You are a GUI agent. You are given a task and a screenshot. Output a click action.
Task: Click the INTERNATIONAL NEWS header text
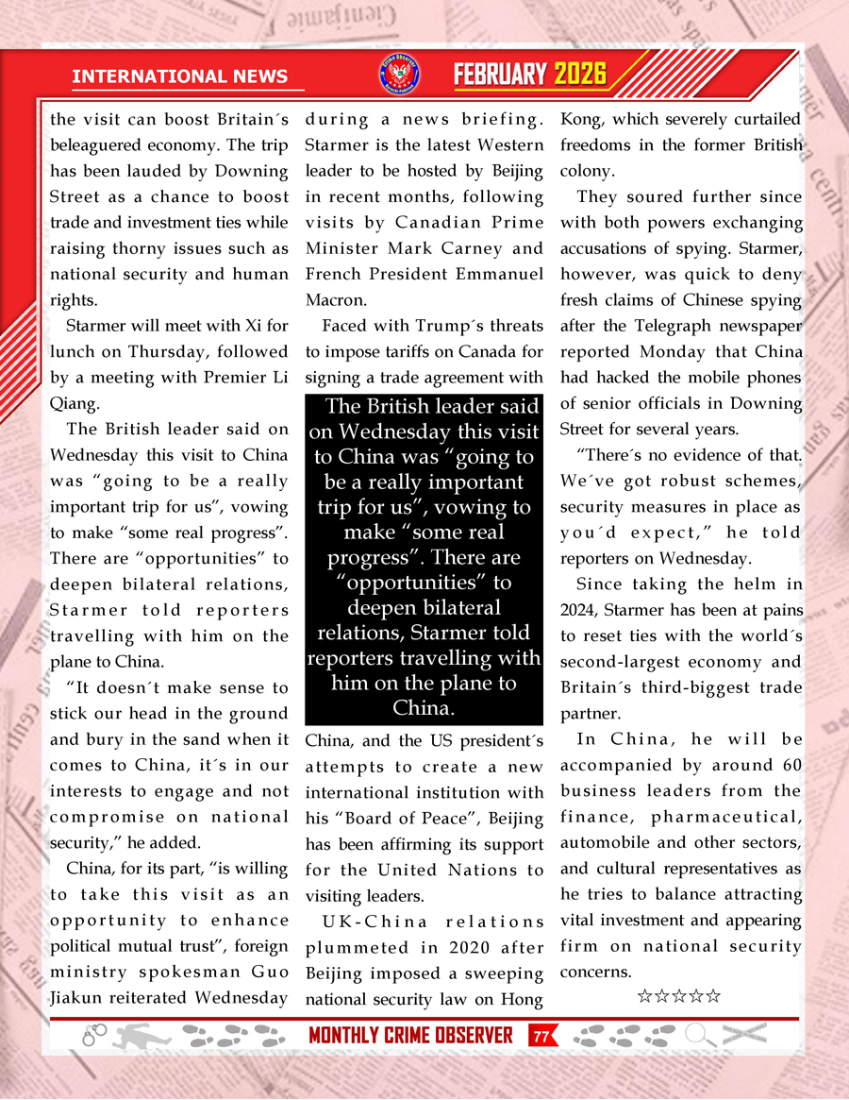coord(187,76)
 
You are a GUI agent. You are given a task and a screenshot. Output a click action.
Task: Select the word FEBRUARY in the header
coord(501,75)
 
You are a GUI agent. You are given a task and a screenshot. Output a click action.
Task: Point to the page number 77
coord(541,1036)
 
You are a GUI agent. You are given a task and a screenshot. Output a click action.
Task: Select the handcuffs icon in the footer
coord(94,1036)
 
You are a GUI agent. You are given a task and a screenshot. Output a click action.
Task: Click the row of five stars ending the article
coord(679,995)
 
